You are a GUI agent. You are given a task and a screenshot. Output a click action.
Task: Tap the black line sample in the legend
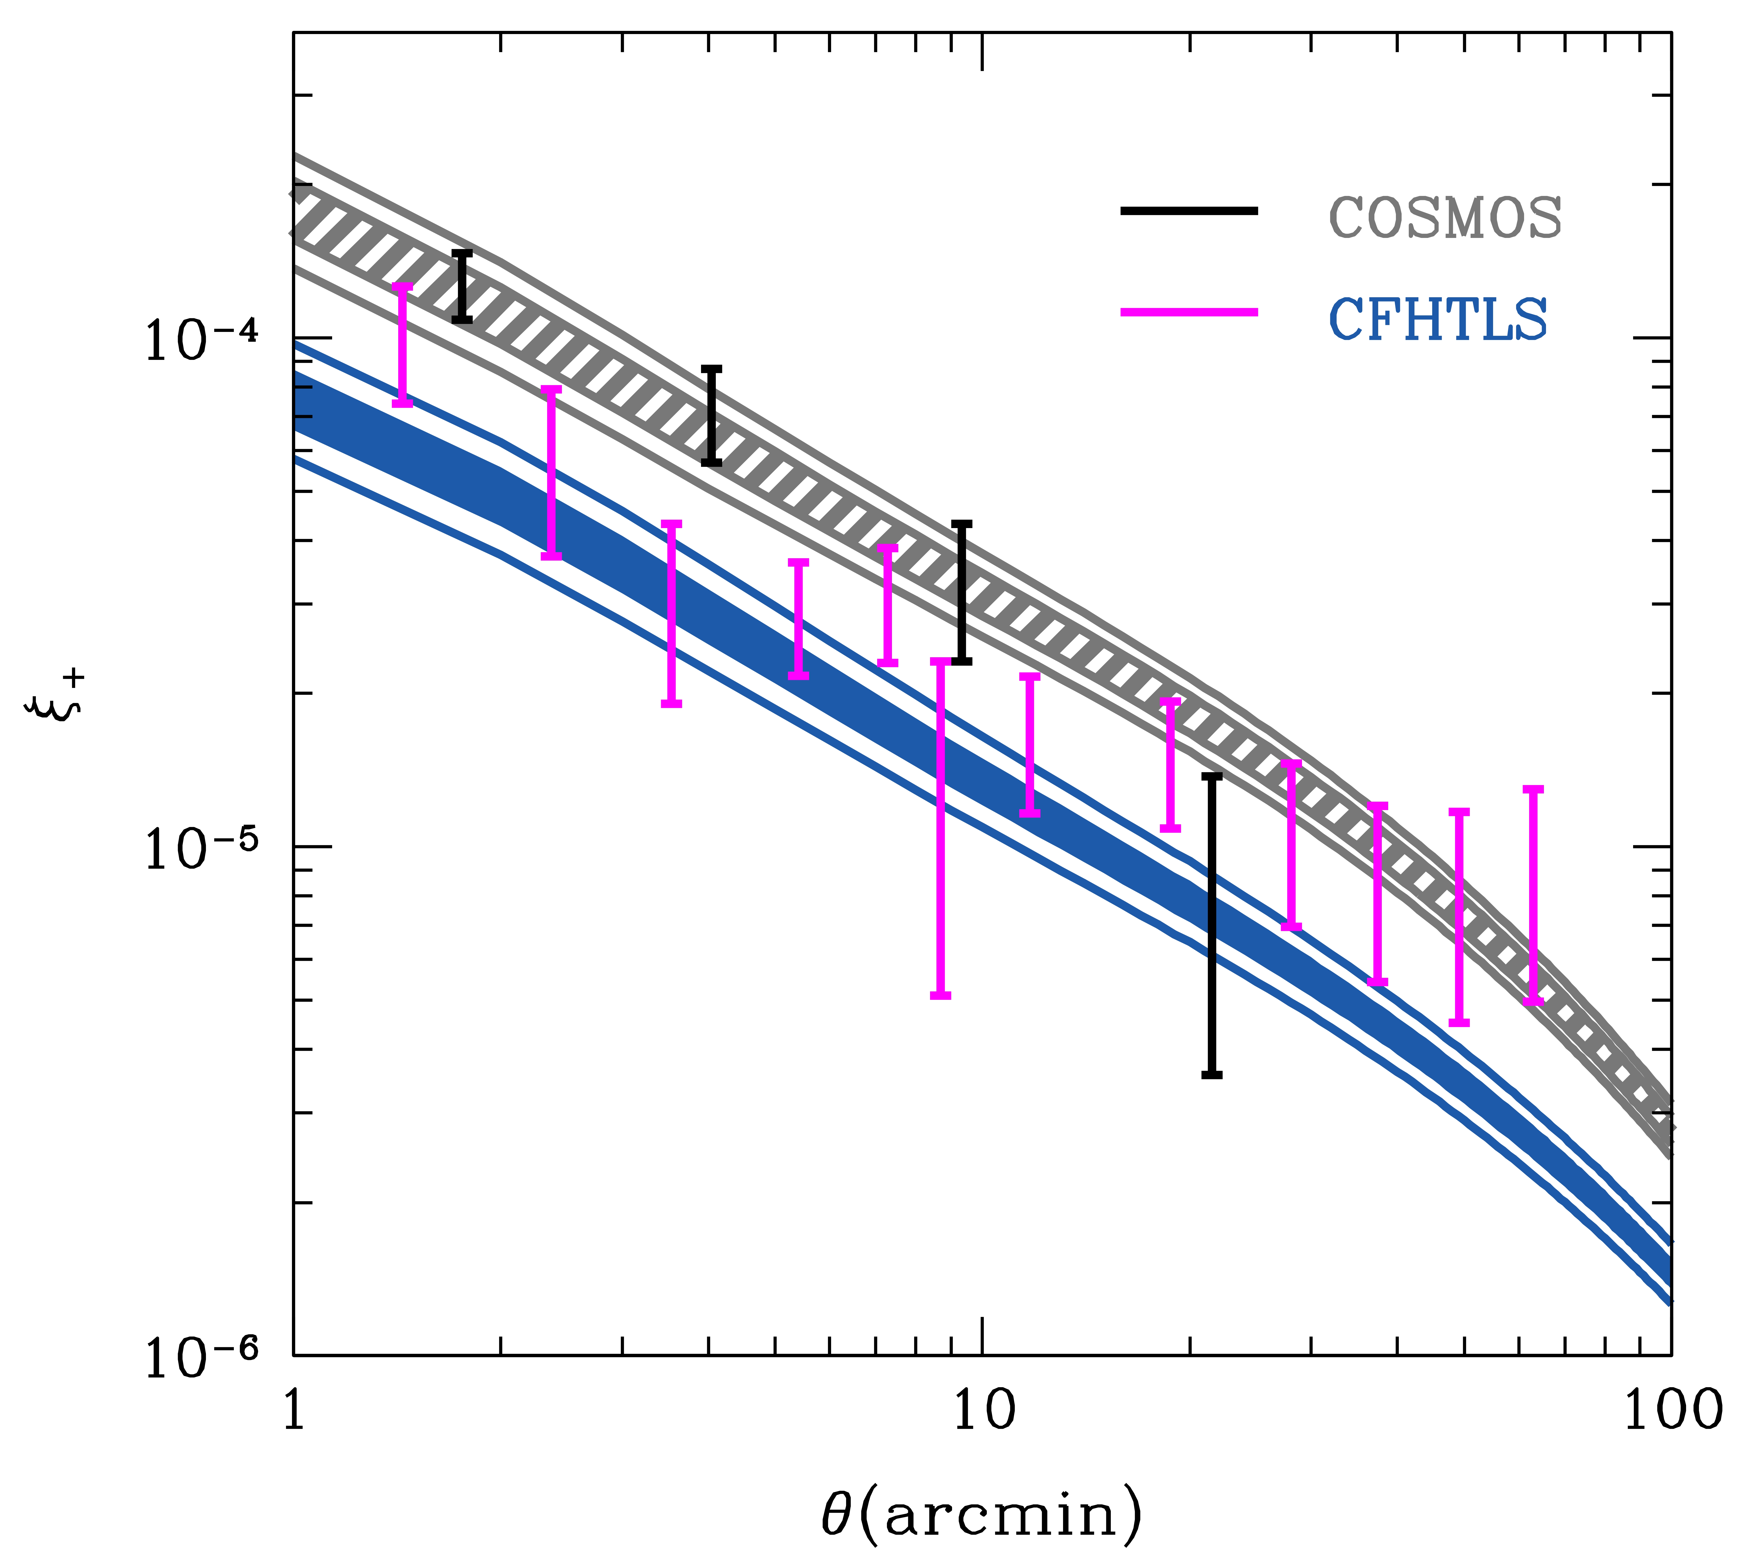pos(1189,211)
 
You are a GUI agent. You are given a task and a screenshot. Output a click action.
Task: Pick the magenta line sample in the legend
pos(1189,312)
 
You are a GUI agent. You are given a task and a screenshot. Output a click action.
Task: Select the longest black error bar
pos(1212,925)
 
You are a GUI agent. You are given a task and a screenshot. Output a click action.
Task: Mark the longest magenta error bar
pos(941,827)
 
